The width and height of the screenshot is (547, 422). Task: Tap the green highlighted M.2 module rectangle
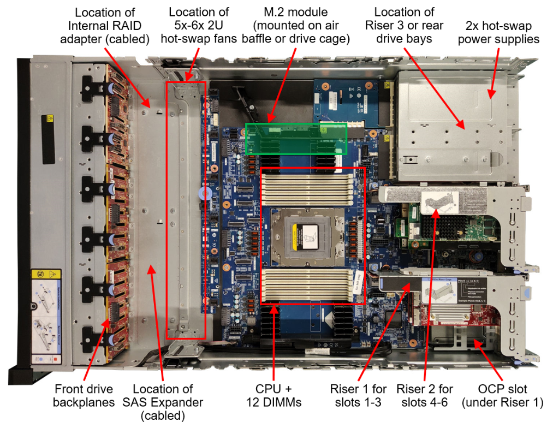[296, 138]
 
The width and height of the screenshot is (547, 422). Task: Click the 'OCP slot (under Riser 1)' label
[502, 396]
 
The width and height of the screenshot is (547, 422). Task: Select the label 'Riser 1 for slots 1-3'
[358, 396]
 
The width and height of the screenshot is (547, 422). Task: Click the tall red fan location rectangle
[186, 210]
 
